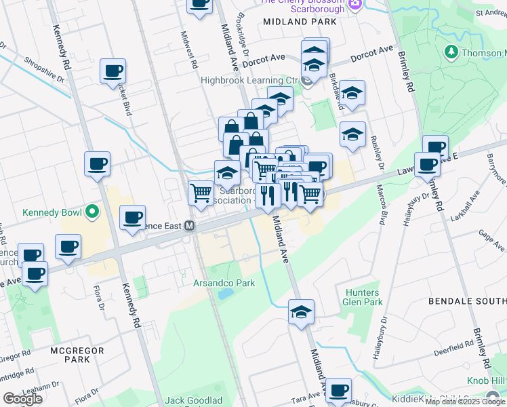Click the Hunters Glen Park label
tap(363, 296)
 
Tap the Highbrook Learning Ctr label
tap(249, 80)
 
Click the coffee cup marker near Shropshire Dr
tap(113, 71)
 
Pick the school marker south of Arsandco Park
tap(301, 312)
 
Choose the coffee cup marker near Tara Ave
tap(338, 390)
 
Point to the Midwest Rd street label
tap(188, 50)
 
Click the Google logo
tap(22, 399)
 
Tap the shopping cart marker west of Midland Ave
tap(201, 193)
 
